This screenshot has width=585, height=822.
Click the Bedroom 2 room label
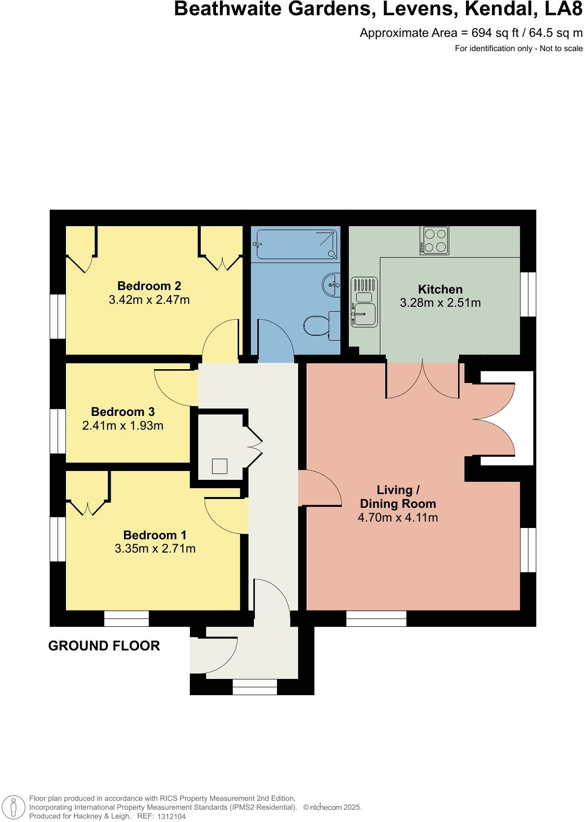[x=149, y=286]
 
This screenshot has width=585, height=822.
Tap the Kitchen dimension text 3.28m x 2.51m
[x=440, y=303]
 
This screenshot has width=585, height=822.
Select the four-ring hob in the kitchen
[x=434, y=240]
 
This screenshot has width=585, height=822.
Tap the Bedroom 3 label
[x=123, y=412]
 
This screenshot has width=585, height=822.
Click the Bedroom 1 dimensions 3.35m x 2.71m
[x=155, y=549]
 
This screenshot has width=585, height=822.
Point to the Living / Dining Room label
[x=398, y=497]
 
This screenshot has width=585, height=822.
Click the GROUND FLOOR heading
[x=104, y=646]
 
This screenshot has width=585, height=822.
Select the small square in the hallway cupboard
[x=219, y=466]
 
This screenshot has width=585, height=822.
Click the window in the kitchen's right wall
[x=528, y=294]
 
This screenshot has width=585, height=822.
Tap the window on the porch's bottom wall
[x=254, y=687]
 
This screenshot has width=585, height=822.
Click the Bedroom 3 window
[x=58, y=431]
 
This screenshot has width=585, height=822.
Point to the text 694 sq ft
[x=495, y=33]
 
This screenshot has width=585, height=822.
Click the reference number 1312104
[x=171, y=817]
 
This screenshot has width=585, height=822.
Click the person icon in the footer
[x=14, y=808]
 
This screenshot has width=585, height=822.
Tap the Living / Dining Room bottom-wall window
[x=376, y=618]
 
